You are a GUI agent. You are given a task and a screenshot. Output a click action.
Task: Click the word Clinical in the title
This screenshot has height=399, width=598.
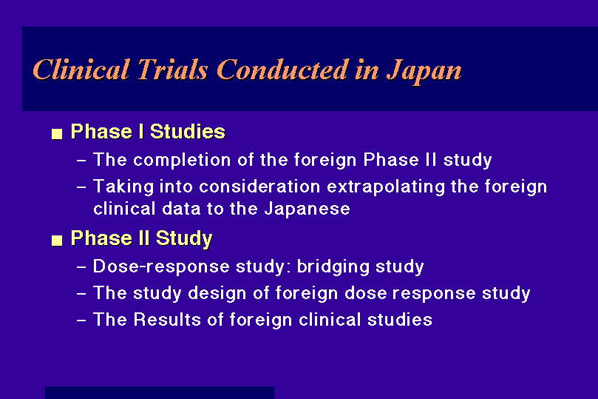pyautogui.click(x=81, y=70)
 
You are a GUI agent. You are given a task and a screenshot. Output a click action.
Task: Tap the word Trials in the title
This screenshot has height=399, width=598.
pyautogui.click(x=173, y=70)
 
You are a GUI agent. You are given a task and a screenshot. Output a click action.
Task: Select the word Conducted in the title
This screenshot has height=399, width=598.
pyautogui.click(x=282, y=70)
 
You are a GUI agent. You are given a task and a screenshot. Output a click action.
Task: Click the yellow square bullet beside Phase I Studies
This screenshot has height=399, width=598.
pyautogui.click(x=57, y=134)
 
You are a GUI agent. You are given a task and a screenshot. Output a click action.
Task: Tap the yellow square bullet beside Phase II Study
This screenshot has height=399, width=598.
pyautogui.click(x=57, y=240)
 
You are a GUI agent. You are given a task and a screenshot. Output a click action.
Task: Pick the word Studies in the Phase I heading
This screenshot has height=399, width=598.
pyautogui.click(x=187, y=132)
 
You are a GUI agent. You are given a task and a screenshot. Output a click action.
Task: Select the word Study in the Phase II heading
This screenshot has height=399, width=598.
pyautogui.click(x=184, y=239)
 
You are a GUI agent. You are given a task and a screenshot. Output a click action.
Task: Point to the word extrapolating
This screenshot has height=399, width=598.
pyautogui.click(x=386, y=187)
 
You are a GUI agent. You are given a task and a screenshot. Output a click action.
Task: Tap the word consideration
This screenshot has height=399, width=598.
pyautogui.click(x=259, y=187)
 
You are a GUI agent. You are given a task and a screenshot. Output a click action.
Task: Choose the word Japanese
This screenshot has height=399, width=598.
pyautogui.click(x=307, y=209)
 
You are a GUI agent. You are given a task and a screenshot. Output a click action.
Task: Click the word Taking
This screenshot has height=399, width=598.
pyautogui.click(x=123, y=187)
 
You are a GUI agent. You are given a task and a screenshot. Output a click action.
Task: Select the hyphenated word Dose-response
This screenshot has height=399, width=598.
pyautogui.click(x=161, y=267)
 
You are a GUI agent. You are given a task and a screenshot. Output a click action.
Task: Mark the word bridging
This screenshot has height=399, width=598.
pyautogui.click(x=333, y=267)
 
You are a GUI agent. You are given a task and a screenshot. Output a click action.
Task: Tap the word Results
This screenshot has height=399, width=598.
pyautogui.click(x=167, y=320)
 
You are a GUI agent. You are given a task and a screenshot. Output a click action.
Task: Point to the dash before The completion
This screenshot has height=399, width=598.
pyautogui.click(x=81, y=161)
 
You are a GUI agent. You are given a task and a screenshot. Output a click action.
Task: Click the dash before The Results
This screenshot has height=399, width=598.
pyautogui.click(x=81, y=321)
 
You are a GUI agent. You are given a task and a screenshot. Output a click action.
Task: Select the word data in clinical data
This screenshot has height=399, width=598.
pyautogui.click(x=181, y=209)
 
